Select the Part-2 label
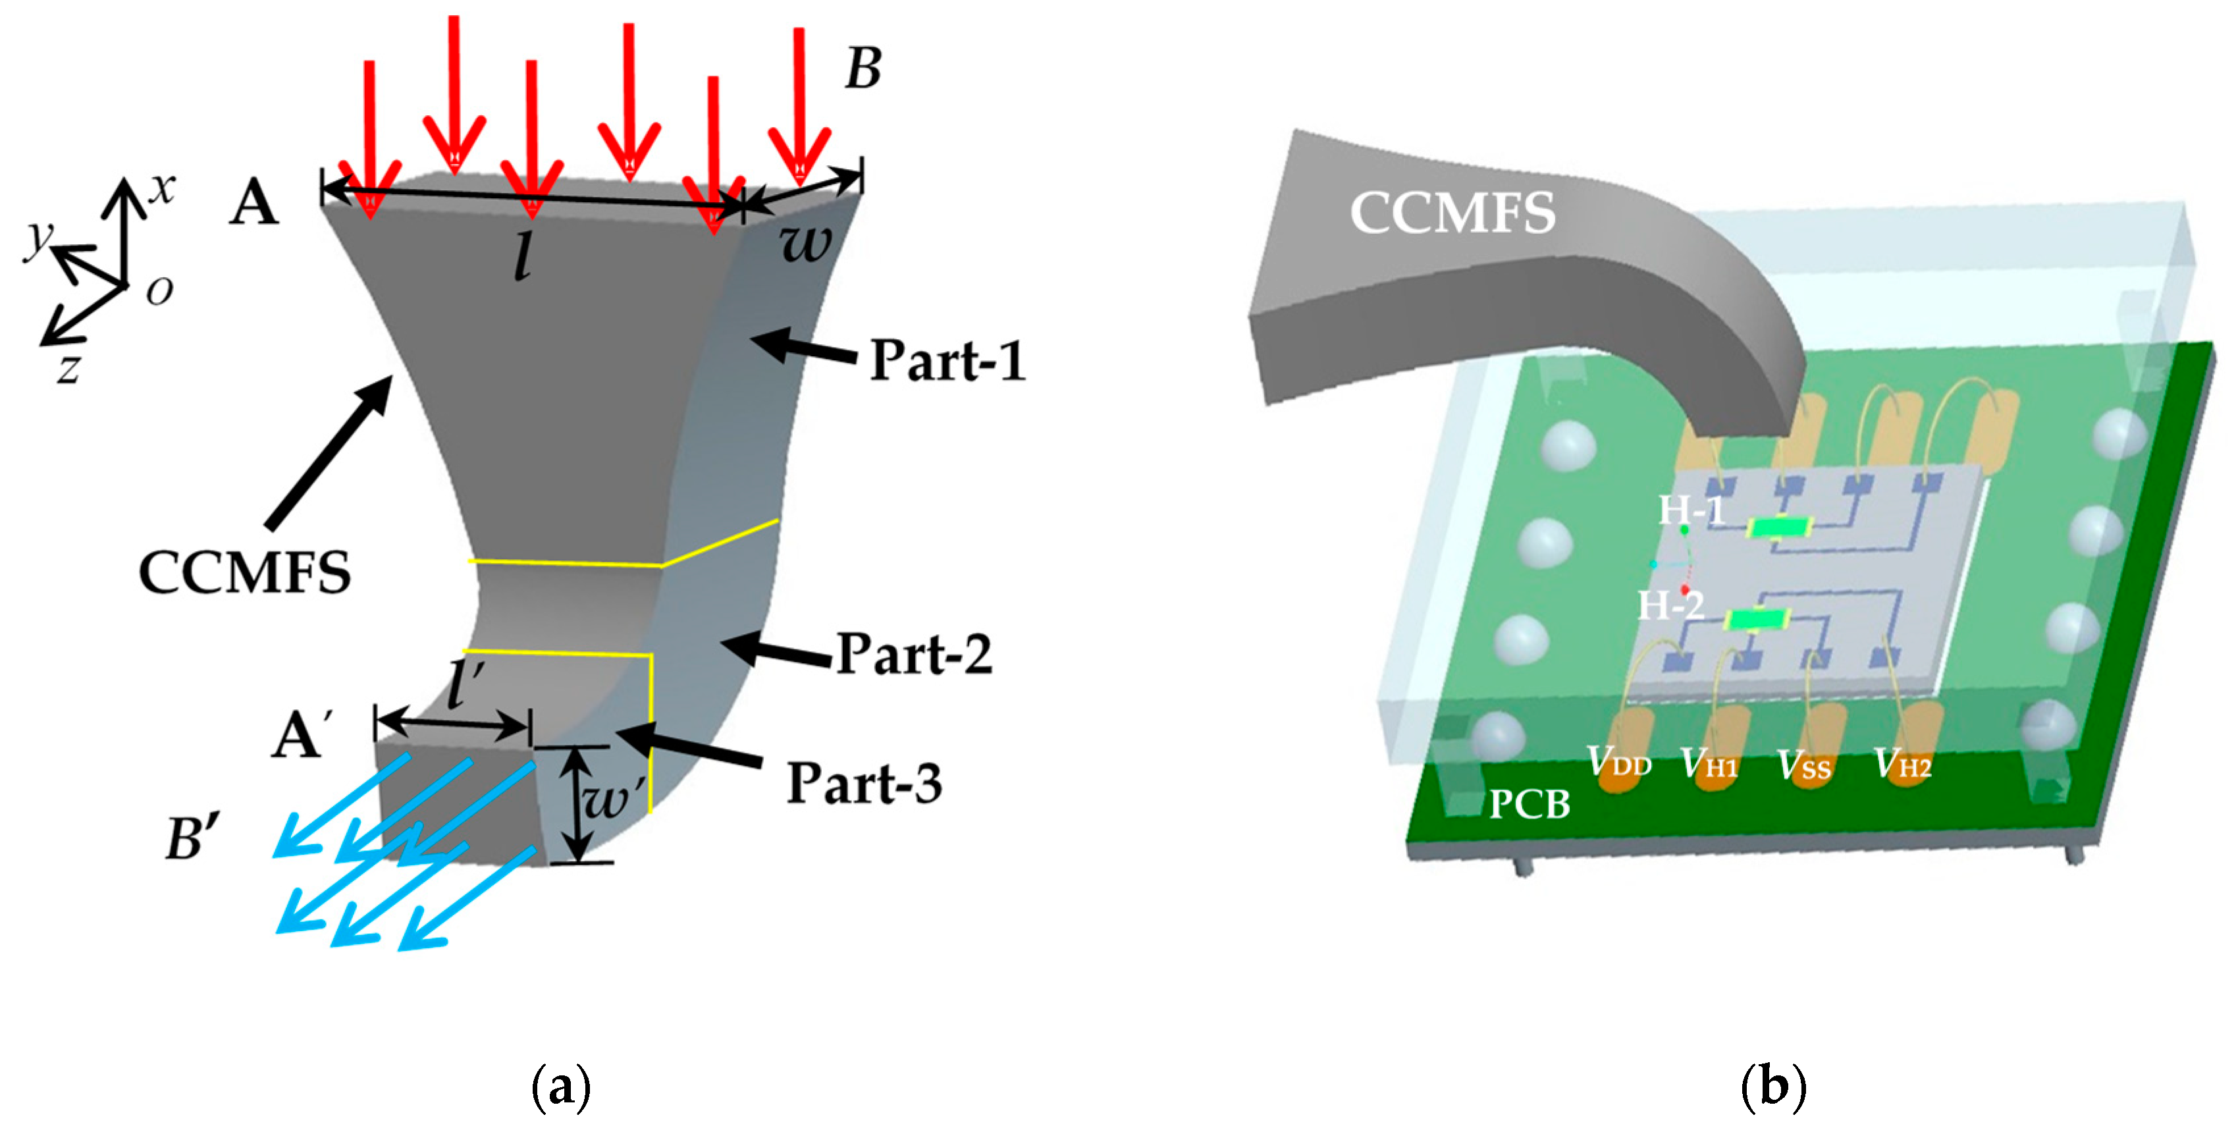[x=914, y=654]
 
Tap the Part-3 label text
[x=864, y=783]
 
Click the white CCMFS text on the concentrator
[x=1452, y=213]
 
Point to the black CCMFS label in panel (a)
[x=245, y=573]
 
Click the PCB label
[x=1530, y=804]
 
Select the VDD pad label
[x=1619, y=763]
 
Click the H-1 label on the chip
[x=1691, y=510]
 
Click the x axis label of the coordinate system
[x=161, y=188]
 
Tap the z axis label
[x=68, y=369]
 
